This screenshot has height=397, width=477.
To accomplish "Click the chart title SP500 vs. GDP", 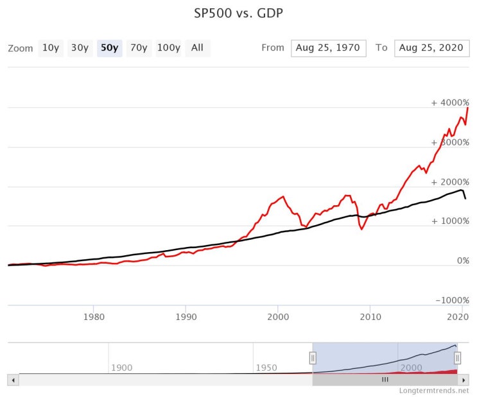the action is click(x=239, y=13).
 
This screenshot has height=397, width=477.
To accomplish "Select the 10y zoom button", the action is click(x=51, y=48).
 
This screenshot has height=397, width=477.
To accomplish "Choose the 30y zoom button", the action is click(x=80, y=48).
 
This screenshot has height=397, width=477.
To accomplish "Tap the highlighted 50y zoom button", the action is click(x=110, y=48).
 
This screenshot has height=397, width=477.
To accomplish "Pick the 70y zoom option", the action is click(x=139, y=48).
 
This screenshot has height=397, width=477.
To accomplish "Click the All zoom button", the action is click(x=198, y=48).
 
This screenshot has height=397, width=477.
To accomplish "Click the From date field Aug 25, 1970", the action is click(x=328, y=48).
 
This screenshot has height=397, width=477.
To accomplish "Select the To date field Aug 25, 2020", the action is click(x=431, y=48).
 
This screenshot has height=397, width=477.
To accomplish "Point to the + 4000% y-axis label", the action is click(x=450, y=103).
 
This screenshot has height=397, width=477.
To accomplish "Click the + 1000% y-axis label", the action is click(x=450, y=221).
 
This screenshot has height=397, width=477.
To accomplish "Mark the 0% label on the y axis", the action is click(x=463, y=260).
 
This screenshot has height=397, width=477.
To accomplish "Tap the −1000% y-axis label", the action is click(x=453, y=300).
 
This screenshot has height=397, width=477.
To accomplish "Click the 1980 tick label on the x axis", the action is click(x=94, y=317).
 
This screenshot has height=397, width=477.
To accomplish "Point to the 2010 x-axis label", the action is click(x=370, y=317).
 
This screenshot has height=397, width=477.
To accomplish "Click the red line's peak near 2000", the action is click(x=283, y=196).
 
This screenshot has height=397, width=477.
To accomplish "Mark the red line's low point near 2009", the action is click(x=361, y=229).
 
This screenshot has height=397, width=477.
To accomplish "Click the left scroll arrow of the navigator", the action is click(x=13, y=380).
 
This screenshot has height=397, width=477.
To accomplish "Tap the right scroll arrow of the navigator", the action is click(x=464, y=380).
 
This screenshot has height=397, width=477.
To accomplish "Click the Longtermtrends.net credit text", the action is click(x=434, y=391).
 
